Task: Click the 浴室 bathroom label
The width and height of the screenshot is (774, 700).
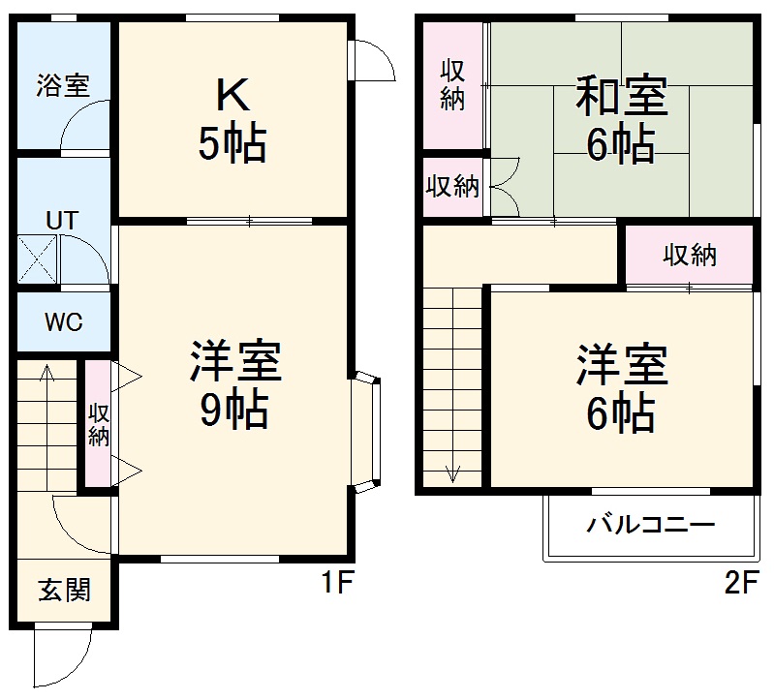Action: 63,85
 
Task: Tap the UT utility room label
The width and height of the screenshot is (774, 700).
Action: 62,219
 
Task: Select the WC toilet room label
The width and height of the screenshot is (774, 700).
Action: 62,321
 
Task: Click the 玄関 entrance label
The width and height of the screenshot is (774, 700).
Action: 65,589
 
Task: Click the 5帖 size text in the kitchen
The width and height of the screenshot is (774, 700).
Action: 232,145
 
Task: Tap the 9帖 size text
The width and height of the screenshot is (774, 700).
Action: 234,412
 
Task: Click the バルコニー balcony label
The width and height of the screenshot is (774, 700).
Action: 650,526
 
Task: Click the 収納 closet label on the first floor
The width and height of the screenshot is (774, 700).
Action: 99,424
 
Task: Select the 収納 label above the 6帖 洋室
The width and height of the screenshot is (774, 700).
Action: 690,256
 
